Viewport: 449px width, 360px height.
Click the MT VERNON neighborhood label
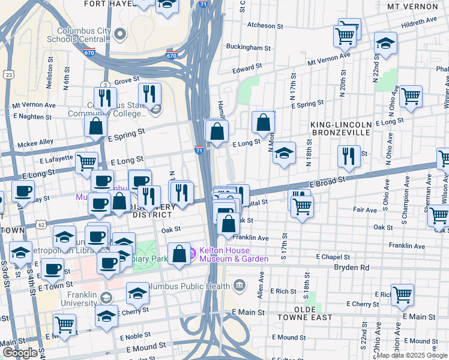[x=412, y=7]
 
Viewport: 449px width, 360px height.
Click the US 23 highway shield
[x=8, y=74]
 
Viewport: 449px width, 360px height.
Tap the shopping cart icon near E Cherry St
[x=402, y=294]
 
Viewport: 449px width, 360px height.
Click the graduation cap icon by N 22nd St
[x=385, y=43]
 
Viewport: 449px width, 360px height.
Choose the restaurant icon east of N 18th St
[x=349, y=156]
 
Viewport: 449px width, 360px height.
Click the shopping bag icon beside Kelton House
[x=179, y=253]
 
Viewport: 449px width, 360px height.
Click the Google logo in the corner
[x=20, y=353]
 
